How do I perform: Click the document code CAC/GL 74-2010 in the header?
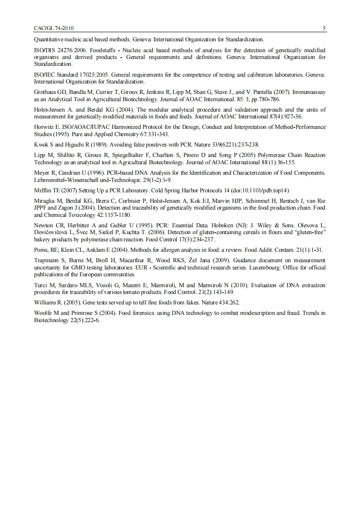(54, 28)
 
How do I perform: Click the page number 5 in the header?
(324, 28)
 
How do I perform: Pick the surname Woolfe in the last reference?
(44, 313)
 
